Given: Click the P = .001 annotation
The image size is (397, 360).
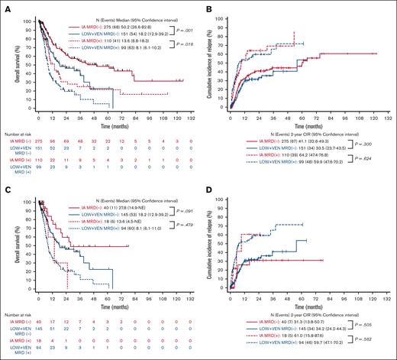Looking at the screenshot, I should point(181,24).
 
